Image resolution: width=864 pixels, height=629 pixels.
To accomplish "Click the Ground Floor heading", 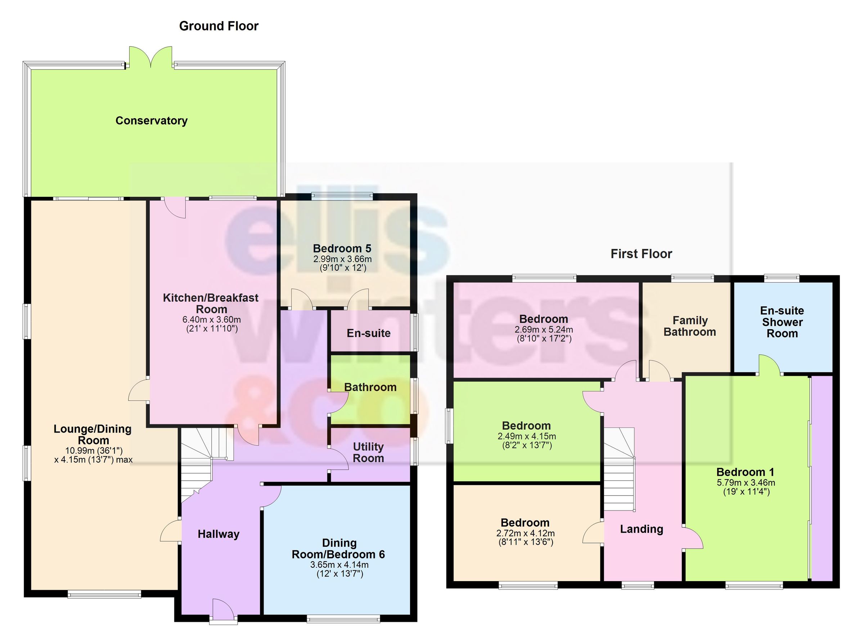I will tap(219, 26).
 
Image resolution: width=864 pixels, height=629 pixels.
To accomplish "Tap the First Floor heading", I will tap(641, 254).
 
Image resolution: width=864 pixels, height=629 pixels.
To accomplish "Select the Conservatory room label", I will tap(151, 120).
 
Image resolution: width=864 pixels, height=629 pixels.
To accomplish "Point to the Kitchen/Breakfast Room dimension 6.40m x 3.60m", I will tap(211, 320).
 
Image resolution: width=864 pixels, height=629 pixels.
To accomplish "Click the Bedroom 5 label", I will tap(342, 248).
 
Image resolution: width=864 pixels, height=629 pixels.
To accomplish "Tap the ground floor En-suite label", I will tap(368, 333).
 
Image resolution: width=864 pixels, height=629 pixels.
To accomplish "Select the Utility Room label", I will tap(368, 452).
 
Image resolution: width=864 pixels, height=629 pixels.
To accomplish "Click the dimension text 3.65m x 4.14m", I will tap(339, 564).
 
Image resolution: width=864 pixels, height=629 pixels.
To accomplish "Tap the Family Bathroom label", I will tap(689, 326).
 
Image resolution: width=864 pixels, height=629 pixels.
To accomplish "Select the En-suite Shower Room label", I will tap(782, 322).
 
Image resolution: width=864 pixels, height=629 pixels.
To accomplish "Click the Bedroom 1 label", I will tap(745, 472).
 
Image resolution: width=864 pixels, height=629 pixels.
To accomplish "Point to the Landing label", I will tap(642, 529).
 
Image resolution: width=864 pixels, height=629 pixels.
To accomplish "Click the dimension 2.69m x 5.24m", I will tap(544, 329).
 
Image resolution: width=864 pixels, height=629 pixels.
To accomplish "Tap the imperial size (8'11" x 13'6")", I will tap(525, 542).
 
